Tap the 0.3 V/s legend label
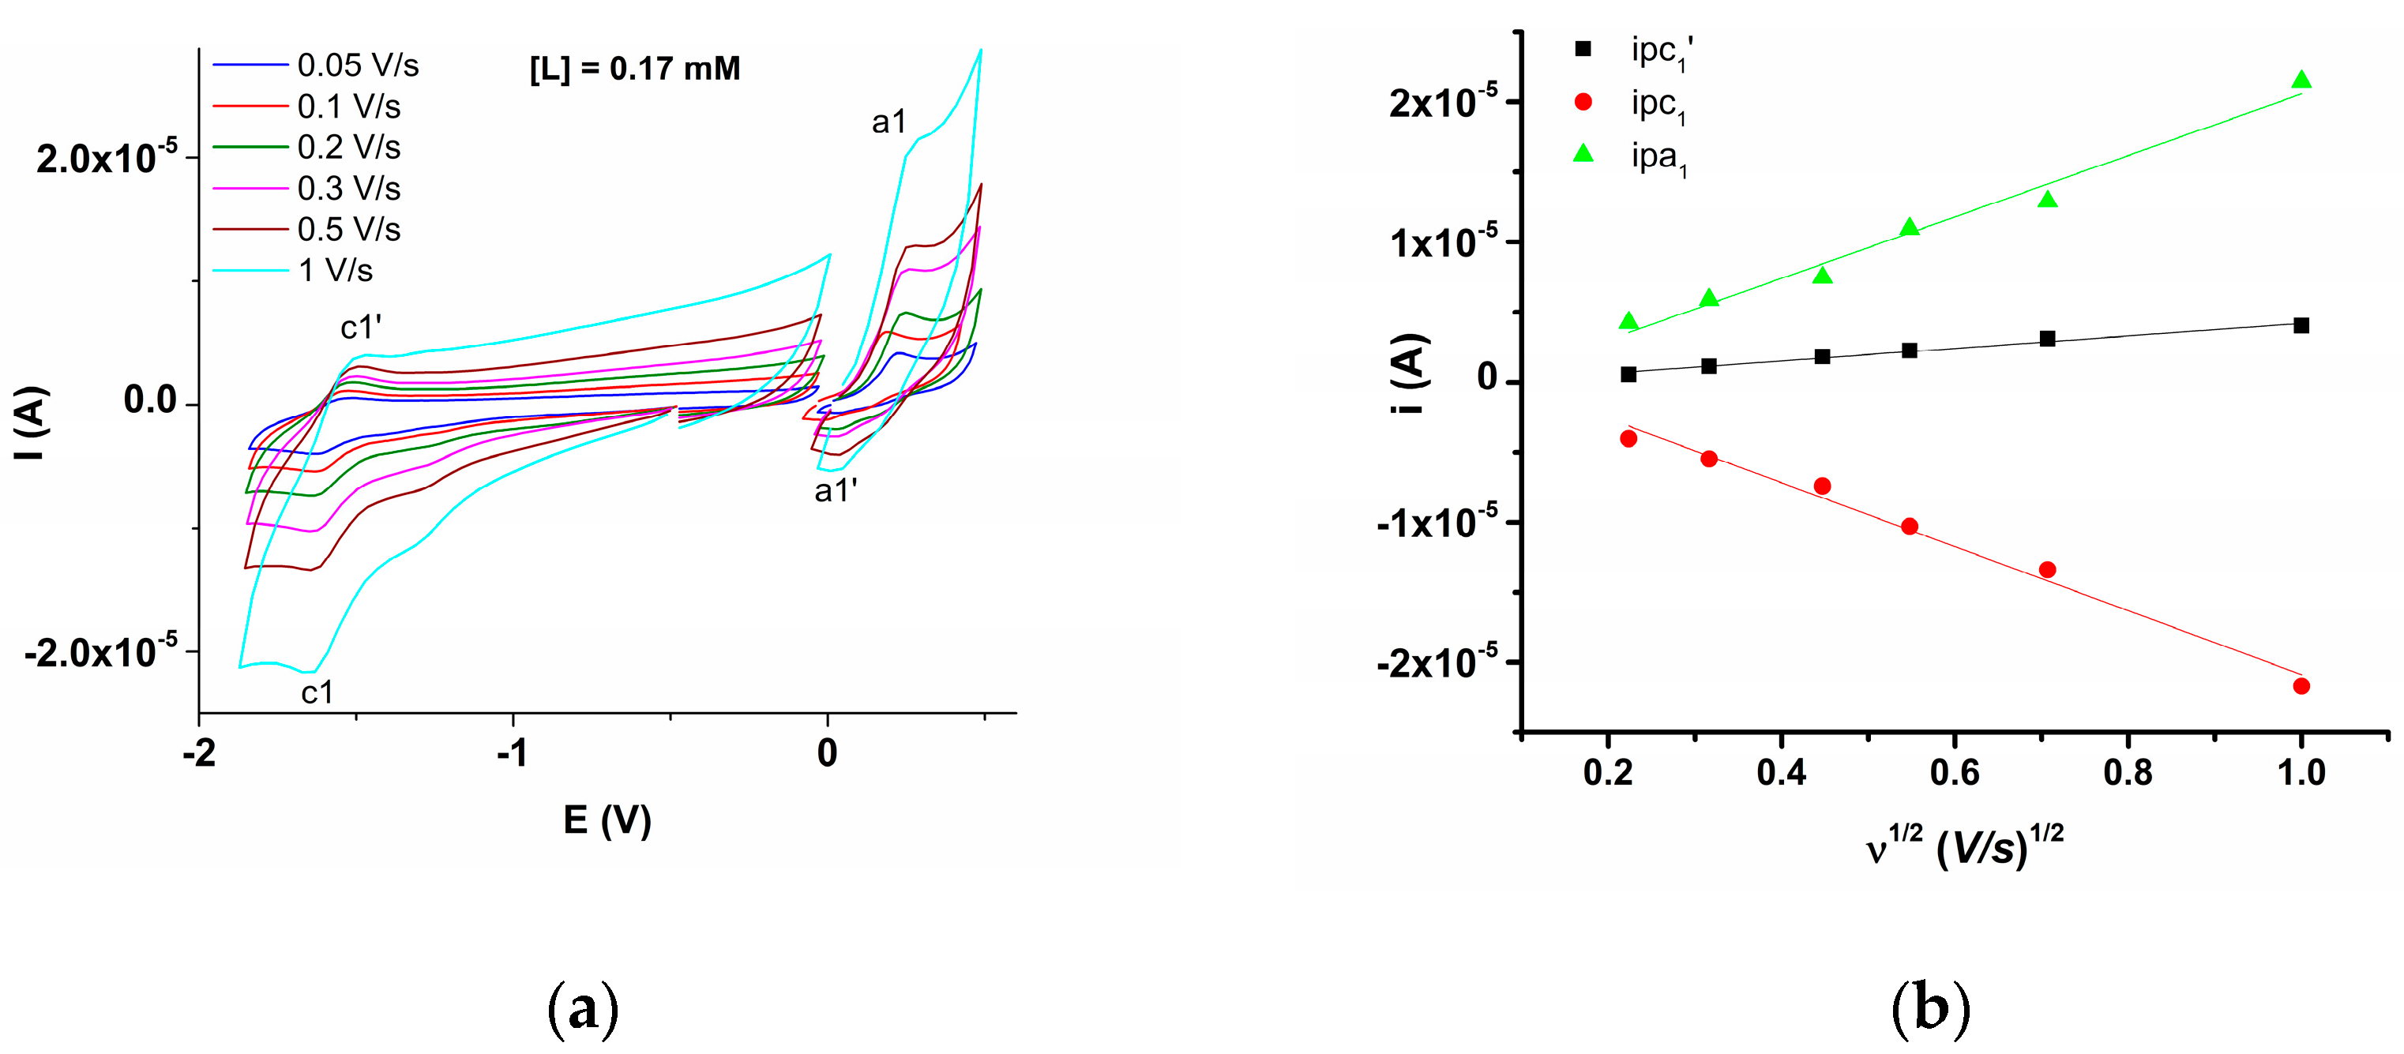click(x=349, y=189)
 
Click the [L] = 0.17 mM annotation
click(x=635, y=69)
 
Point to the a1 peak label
click(x=888, y=122)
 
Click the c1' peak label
click(x=360, y=328)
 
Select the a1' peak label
click(x=836, y=490)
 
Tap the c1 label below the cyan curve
click(x=317, y=692)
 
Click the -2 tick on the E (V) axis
click(x=199, y=752)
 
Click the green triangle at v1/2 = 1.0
click(x=2301, y=81)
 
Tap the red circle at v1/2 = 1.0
click(x=2301, y=685)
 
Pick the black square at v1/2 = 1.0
click(x=2301, y=325)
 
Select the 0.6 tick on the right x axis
click(x=1954, y=772)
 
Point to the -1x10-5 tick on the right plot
click(x=1437, y=523)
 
